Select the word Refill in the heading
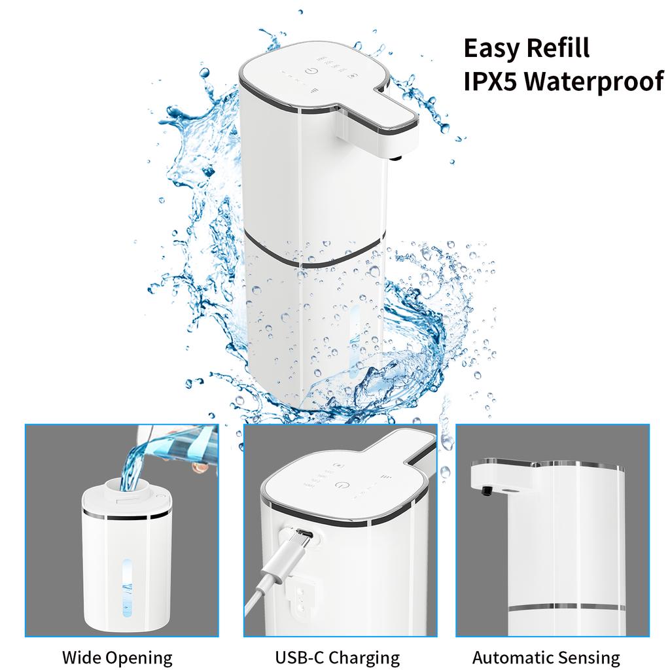click(x=560, y=49)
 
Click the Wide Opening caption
click(x=117, y=657)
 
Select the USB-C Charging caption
click(x=338, y=657)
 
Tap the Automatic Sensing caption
click(x=546, y=657)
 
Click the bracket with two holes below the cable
click(x=302, y=595)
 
